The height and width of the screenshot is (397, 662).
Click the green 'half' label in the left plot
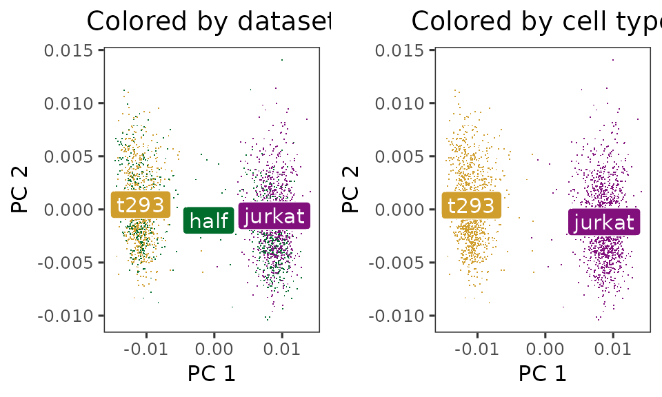tap(208, 221)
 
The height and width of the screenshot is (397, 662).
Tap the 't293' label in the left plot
tap(140, 204)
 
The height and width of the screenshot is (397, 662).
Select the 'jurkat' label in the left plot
tap(274, 216)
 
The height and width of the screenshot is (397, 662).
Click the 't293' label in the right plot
tap(472, 205)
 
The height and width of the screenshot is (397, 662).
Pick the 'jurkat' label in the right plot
tap(604, 222)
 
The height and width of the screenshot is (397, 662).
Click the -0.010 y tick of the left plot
tap(69, 316)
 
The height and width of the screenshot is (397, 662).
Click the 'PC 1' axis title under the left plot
tap(212, 374)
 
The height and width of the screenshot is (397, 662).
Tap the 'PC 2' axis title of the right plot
tap(351, 191)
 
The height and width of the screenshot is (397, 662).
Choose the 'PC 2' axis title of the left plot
tap(20, 191)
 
